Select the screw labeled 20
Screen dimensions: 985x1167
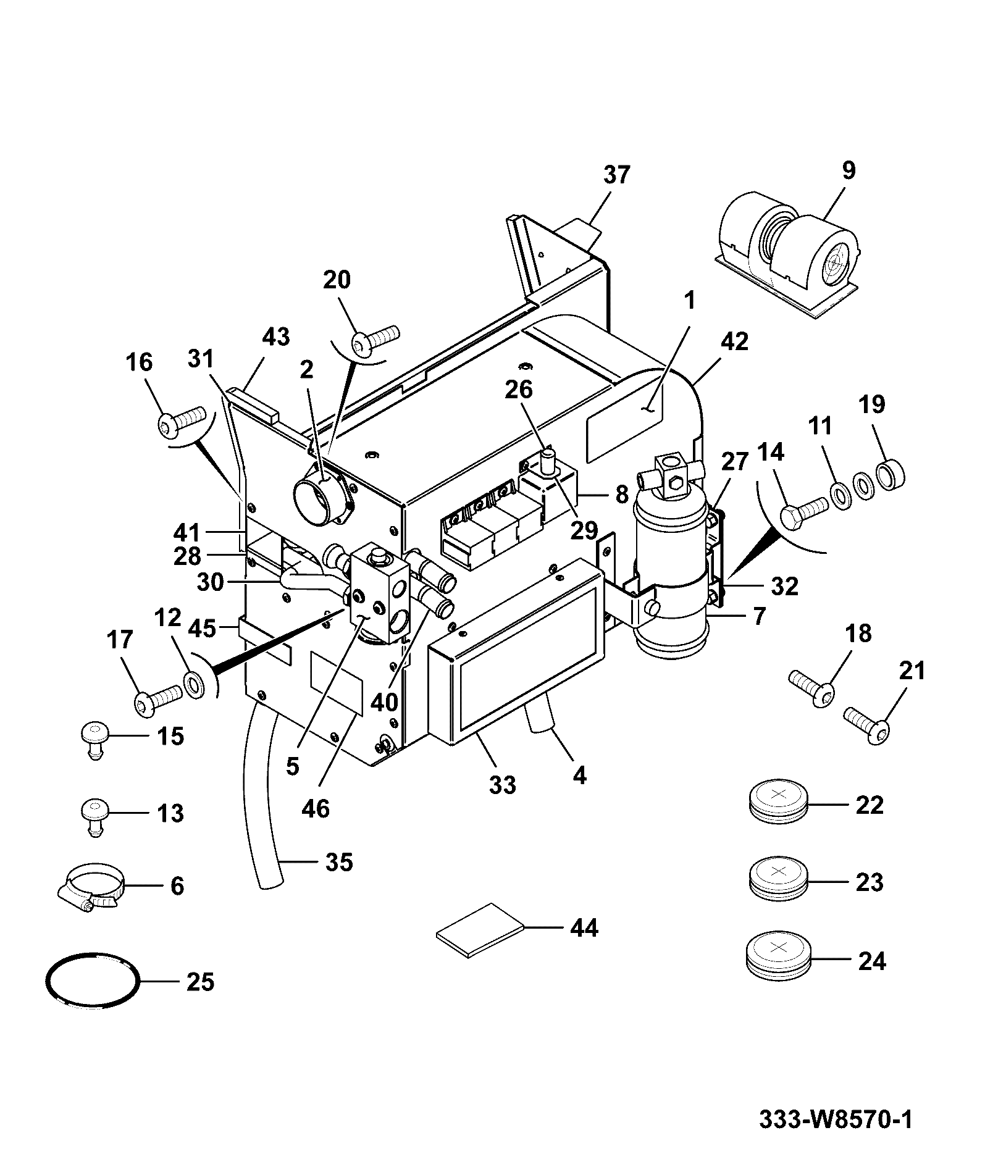pos(375,339)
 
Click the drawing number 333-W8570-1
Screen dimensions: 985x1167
pos(836,1120)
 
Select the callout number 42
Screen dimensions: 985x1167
pos(734,341)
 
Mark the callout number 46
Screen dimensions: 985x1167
pos(316,808)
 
